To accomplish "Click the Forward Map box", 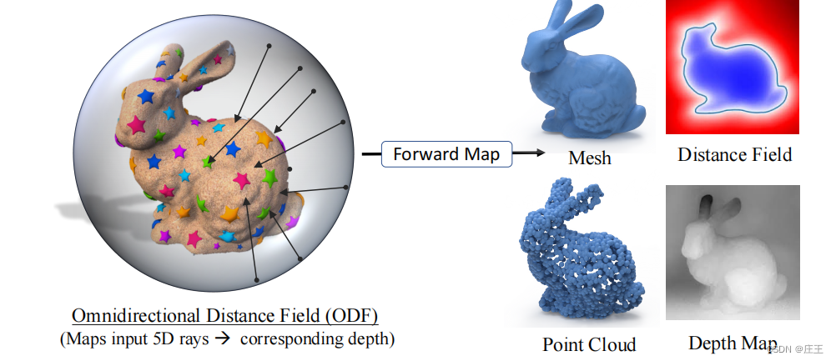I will (x=446, y=153).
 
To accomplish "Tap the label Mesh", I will (x=589, y=157).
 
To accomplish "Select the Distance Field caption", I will (x=734, y=154).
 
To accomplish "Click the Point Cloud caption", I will (x=589, y=344).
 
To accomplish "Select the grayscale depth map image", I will (x=733, y=252).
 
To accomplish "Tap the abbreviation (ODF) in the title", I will (x=350, y=316).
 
